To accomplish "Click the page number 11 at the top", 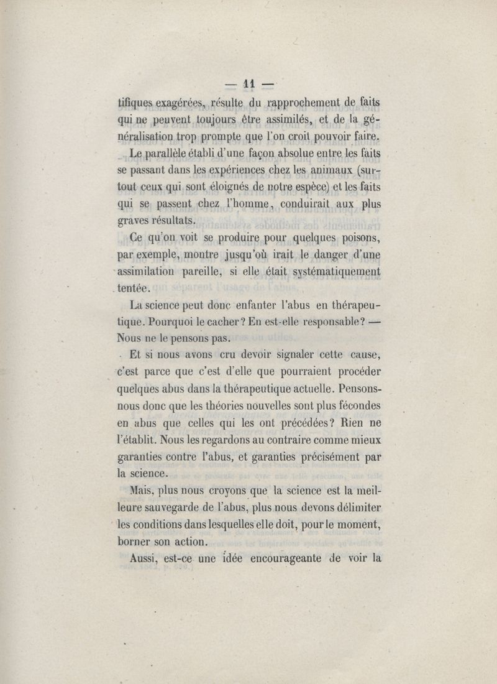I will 250,83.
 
